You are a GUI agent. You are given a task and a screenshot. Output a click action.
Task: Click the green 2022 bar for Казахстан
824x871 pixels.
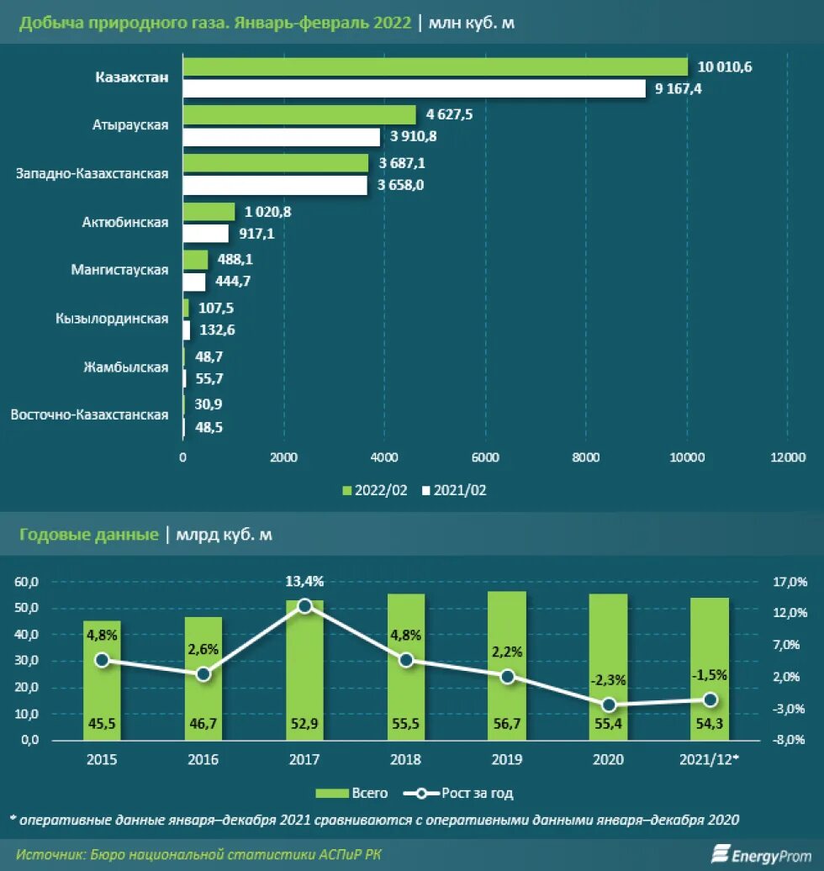[435, 67]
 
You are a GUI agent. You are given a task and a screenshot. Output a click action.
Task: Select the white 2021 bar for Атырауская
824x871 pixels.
[282, 136]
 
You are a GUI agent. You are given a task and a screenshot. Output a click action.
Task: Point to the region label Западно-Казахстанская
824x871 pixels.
[92, 174]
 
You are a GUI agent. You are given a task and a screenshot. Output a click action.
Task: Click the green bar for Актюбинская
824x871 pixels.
[209, 212]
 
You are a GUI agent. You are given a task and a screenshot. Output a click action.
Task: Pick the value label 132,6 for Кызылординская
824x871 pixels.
[217, 330]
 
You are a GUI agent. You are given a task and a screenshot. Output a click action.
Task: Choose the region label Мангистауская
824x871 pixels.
[120, 271]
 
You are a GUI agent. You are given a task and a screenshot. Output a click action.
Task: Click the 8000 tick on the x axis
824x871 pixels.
[585, 457]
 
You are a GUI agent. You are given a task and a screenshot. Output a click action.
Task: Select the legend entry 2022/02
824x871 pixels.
[375, 490]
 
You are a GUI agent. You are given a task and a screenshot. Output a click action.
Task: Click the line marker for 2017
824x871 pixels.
[305, 605]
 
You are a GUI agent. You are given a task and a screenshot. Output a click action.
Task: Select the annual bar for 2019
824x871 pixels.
[507, 664]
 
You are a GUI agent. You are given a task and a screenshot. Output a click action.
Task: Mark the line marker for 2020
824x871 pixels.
[608, 705]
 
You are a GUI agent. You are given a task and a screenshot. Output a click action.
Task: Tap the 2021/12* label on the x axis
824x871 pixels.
[708, 760]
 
